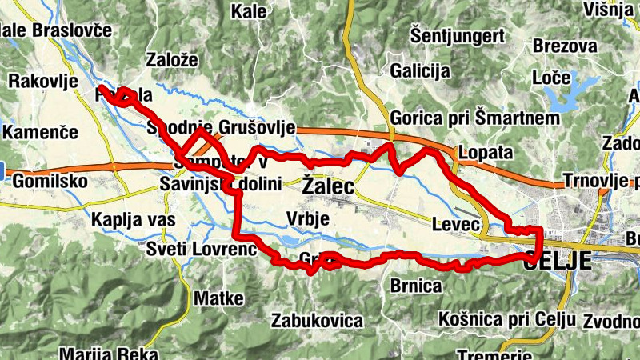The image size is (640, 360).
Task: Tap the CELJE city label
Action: pyautogui.click(x=560, y=261)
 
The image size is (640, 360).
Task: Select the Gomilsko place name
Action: pyautogui.click(x=50, y=182)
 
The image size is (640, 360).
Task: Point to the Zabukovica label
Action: pyautogui.click(x=318, y=321)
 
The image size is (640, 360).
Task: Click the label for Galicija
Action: pyautogui.click(x=420, y=71)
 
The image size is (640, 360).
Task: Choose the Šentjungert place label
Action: pyautogui.click(x=457, y=35)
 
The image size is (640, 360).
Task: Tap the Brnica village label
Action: pyautogui.click(x=416, y=286)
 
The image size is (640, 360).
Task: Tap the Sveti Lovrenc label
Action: pyautogui.click(x=200, y=250)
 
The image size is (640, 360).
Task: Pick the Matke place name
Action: pyautogui.click(x=218, y=298)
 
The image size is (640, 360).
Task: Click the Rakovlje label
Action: pyautogui.click(x=42, y=81)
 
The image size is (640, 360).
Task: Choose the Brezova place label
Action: pyautogui.click(x=564, y=46)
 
